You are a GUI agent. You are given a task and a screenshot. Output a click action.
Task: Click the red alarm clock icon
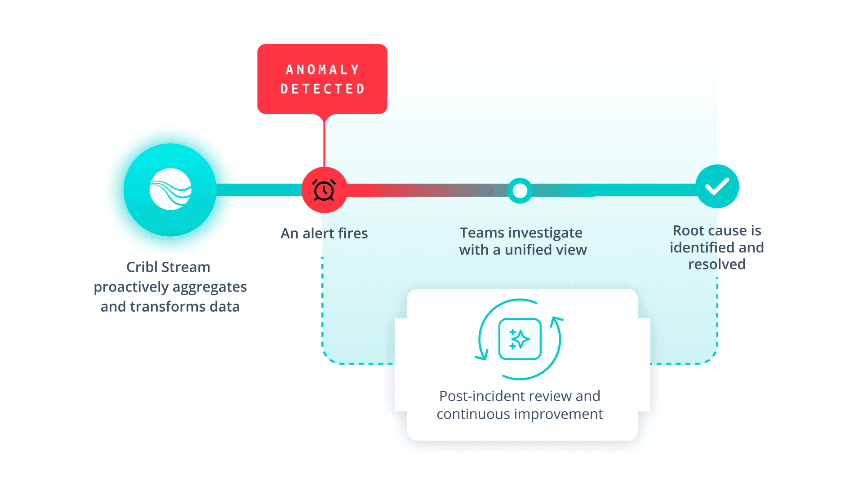point(324,190)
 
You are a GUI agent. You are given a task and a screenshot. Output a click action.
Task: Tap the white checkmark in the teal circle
point(717,186)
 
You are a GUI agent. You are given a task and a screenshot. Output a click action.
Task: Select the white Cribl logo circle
point(170,189)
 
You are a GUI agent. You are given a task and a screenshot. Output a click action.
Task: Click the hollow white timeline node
point(520,191)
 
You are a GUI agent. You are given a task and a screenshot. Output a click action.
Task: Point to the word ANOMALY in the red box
point(323,70)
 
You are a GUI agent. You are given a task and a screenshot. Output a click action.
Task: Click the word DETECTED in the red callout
point(323,89)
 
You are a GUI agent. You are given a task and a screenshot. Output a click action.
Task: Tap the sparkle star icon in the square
point(520,339)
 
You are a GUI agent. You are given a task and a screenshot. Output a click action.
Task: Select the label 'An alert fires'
point(324,234)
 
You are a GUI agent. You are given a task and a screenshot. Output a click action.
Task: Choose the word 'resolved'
point(717,264)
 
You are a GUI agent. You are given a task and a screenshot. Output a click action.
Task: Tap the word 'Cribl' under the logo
point(142,267)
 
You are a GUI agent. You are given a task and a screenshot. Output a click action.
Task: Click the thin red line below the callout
point(324,141)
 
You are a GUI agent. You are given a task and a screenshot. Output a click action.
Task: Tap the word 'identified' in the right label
point(702,247)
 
